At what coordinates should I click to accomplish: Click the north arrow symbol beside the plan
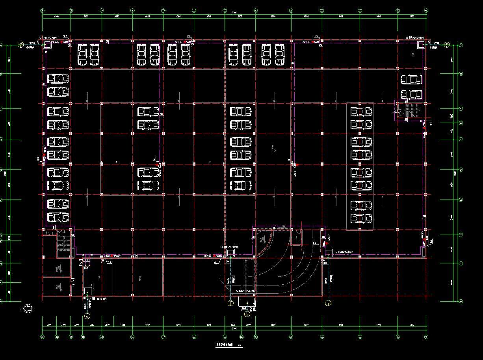(x=28, y=309)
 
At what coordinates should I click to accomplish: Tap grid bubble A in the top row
(x=426, y=11)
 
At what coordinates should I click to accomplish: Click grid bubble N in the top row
(x=43, y=11)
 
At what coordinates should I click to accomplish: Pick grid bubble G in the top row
(x=225, y=11)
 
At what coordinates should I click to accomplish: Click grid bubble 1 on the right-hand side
(x=461, y=301)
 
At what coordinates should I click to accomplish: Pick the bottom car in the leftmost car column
(x=58, y=217)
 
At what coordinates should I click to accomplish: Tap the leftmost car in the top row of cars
(x=82, y=55)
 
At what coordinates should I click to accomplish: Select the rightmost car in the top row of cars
(x=279, y=55)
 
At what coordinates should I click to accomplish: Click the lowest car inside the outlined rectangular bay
(x=361, y=218)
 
